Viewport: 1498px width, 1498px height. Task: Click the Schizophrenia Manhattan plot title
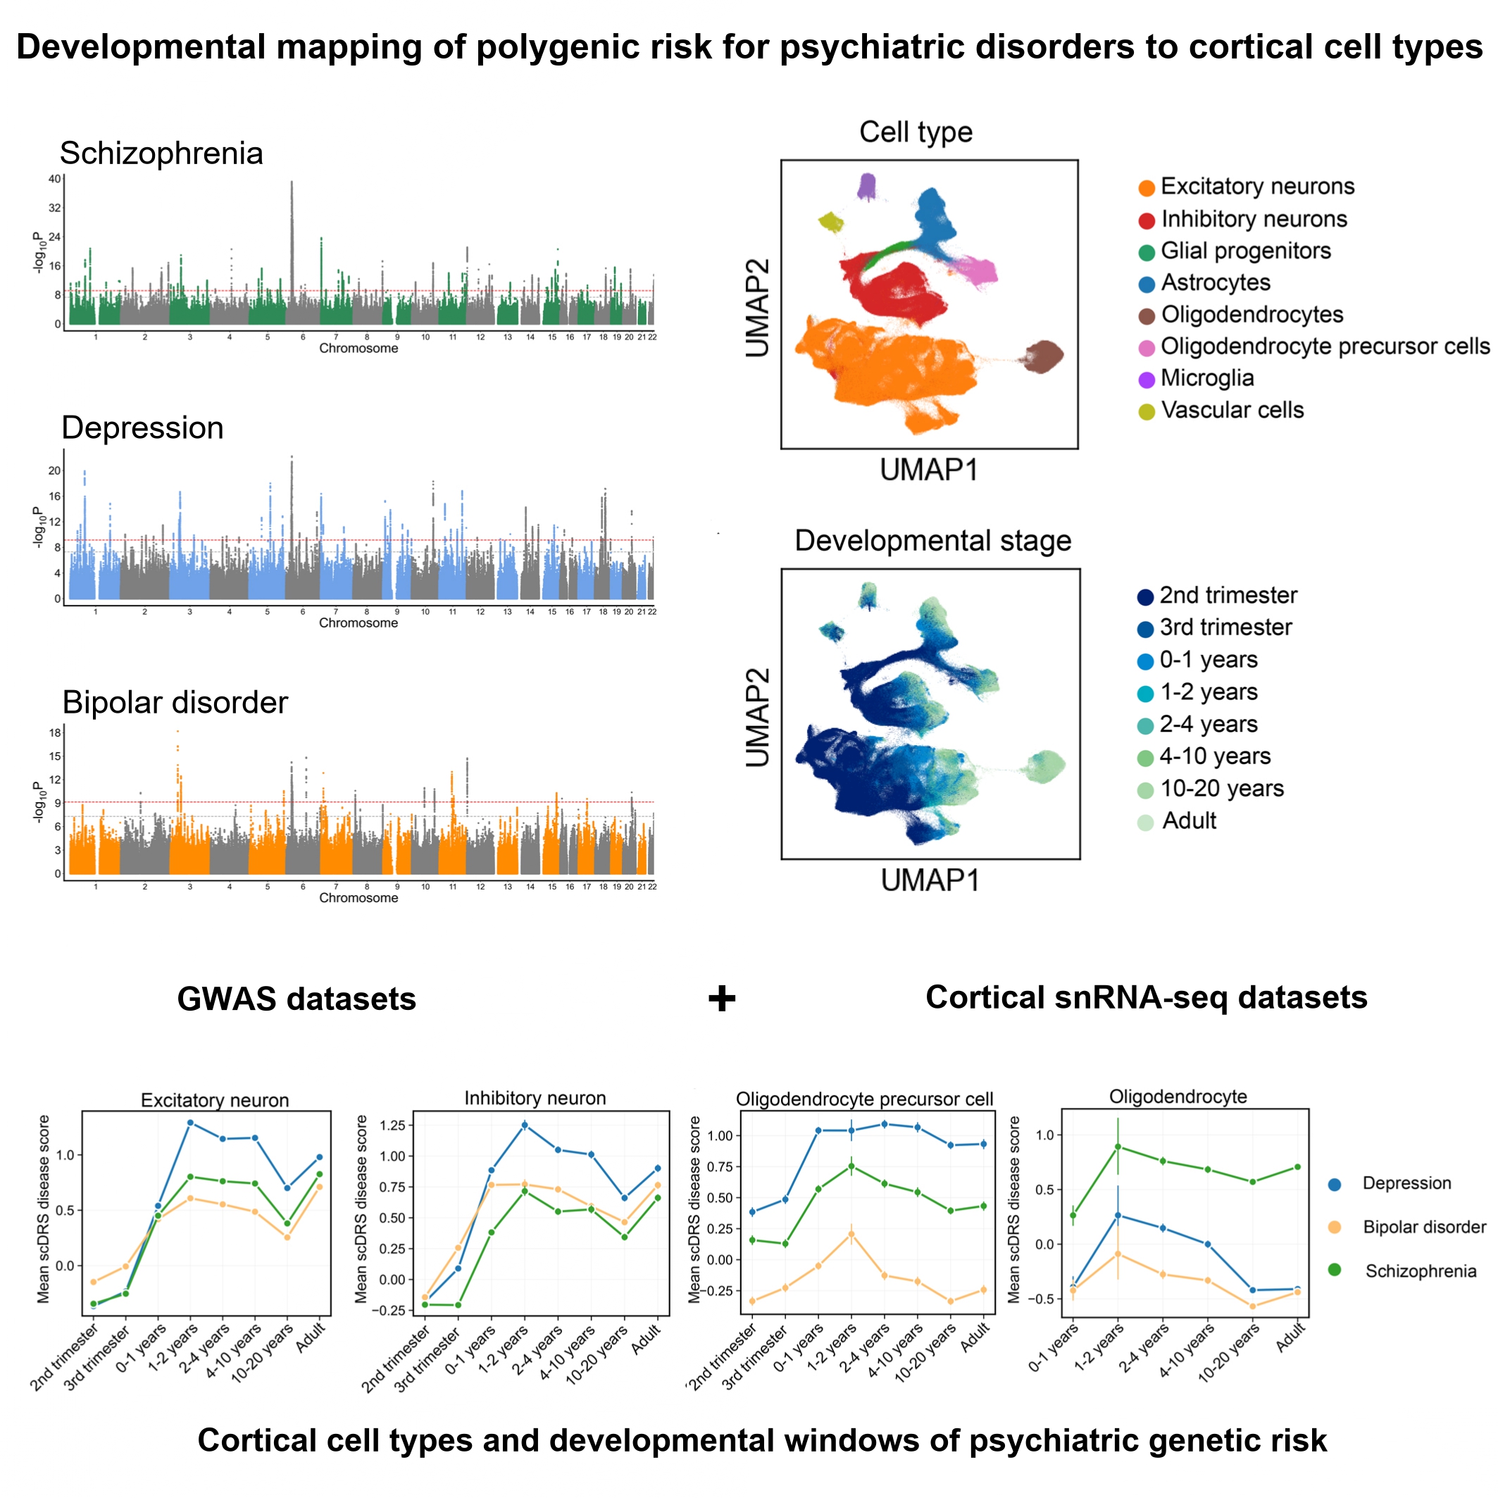161,154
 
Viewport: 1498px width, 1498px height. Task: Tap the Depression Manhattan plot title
143,428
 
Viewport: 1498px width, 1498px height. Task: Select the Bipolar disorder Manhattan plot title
175,702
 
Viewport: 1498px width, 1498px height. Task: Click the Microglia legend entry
1206,378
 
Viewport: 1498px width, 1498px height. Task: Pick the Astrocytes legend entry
1215,283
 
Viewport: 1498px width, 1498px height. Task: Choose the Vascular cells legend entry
1231,410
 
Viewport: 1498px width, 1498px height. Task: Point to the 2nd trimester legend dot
1145,597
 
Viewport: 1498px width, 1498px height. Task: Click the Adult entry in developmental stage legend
1189,821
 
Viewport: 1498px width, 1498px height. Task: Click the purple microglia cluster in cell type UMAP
868,186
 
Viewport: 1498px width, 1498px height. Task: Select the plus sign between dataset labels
721,999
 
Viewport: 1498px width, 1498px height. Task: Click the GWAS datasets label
297,999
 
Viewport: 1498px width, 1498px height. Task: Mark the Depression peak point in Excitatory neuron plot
190,1123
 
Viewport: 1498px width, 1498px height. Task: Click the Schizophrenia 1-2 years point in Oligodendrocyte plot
1117,1147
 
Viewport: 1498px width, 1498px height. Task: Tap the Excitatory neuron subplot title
215,1100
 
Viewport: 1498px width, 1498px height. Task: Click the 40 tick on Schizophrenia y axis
54,179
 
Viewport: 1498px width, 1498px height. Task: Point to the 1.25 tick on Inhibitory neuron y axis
393,1125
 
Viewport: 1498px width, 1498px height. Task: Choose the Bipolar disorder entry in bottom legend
1424,1228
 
